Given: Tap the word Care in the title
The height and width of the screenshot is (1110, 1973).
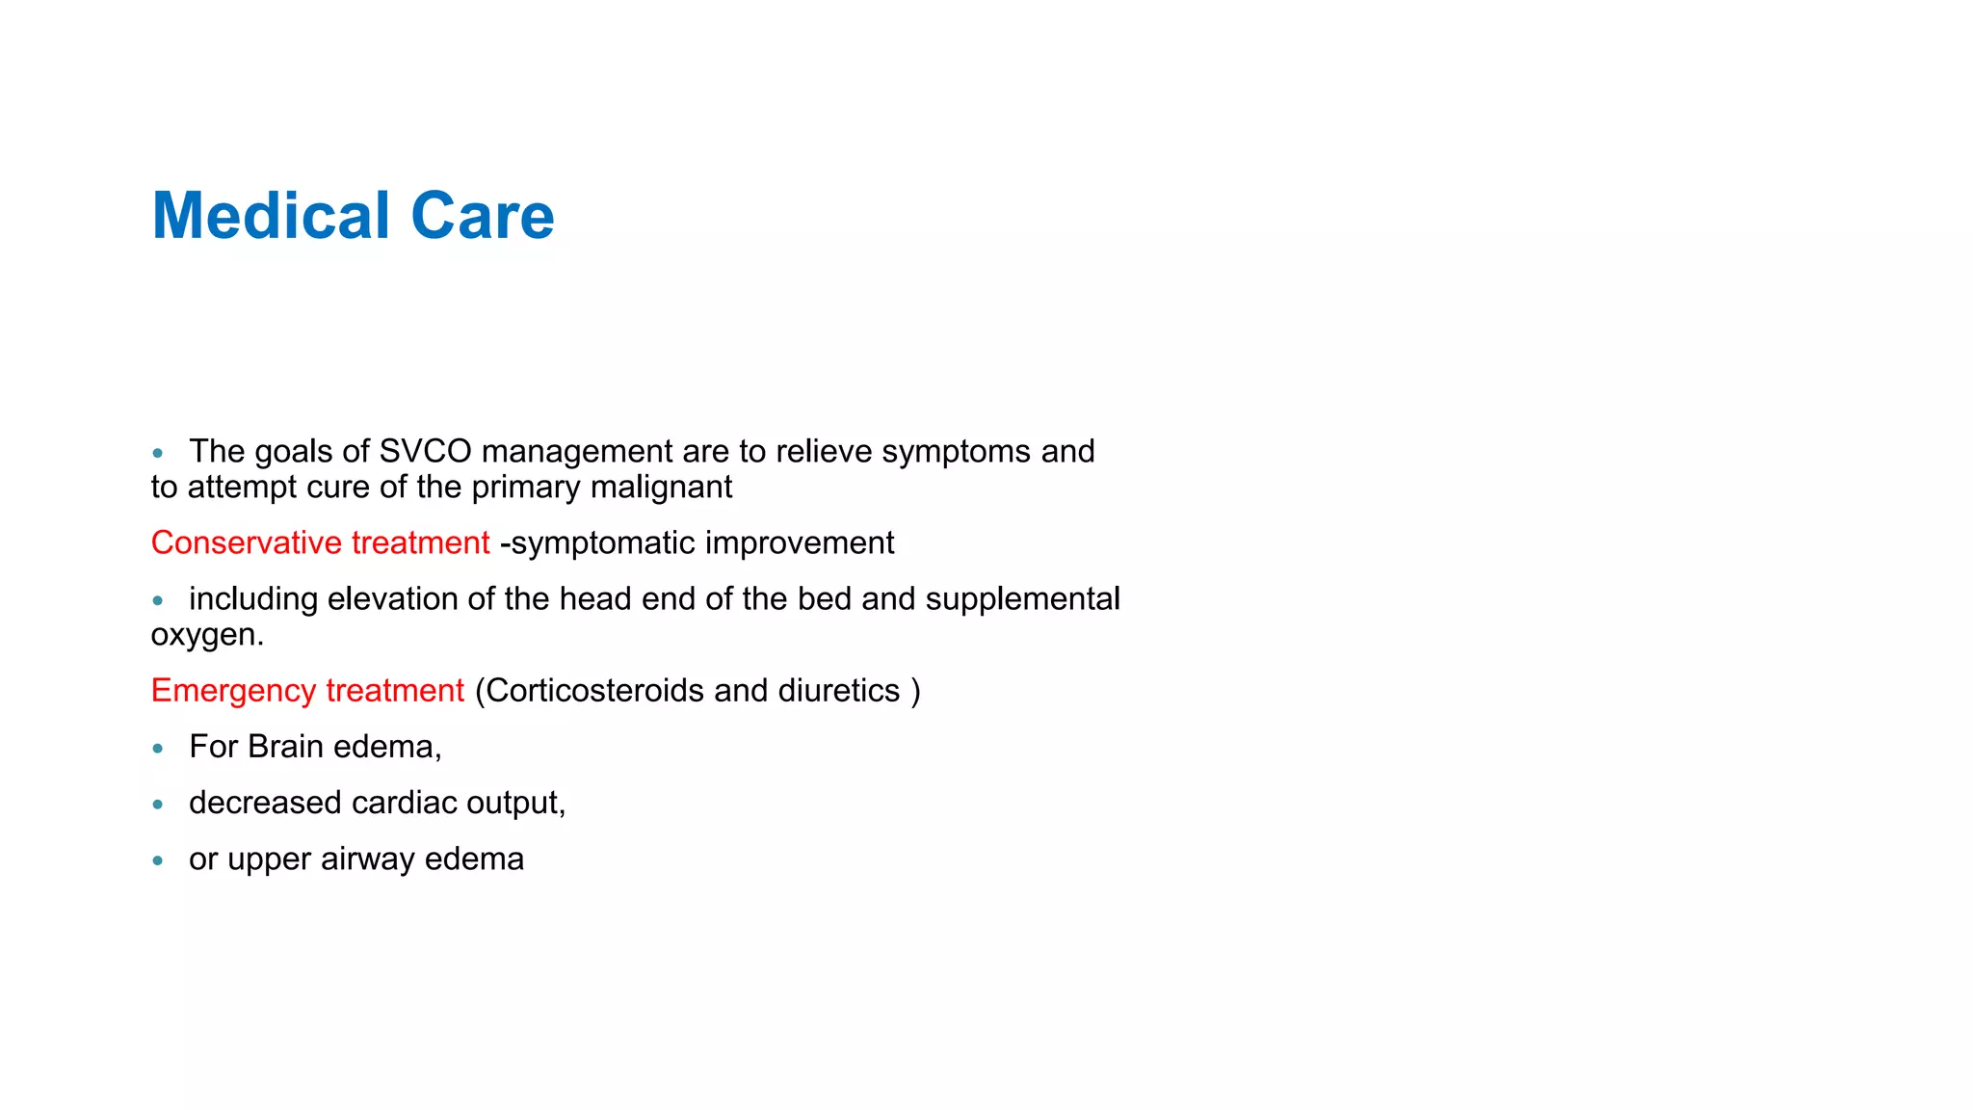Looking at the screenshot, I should click(483, 215).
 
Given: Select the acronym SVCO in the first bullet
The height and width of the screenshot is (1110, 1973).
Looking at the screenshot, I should click(426, 451).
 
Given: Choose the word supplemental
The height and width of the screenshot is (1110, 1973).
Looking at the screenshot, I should click(1022, 598).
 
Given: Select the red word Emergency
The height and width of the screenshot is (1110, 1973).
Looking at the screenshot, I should click(233, 690).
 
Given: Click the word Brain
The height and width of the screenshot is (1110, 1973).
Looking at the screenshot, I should click(285, 747).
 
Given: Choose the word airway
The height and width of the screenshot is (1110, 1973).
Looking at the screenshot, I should click(368, 859).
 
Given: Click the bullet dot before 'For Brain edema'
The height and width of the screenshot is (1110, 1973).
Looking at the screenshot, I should click(158, 748).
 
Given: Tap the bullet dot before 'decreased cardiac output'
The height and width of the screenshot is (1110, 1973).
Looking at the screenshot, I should click(158, 804).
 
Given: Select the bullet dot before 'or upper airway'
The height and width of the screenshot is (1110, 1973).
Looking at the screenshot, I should click(158, 859).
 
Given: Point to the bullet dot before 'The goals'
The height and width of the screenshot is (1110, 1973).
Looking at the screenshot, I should click(158, 452).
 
